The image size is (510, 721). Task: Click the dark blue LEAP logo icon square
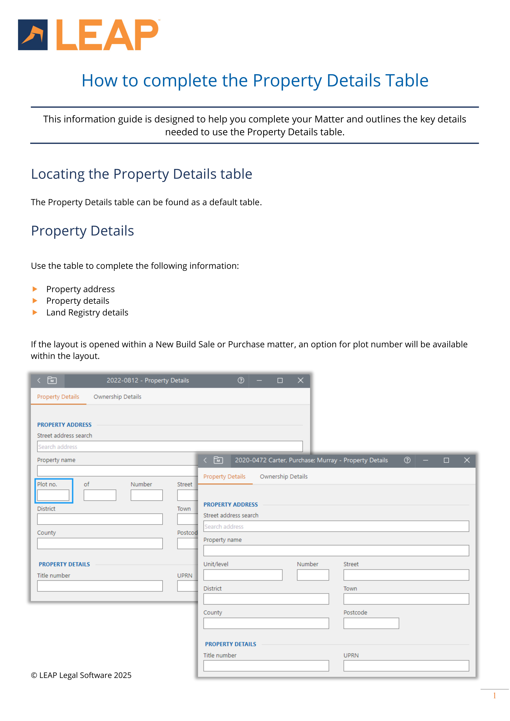[33, 35]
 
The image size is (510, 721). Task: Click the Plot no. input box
[53, 495]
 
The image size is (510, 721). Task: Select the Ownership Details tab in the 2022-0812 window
[117, 397]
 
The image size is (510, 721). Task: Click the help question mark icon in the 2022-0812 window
[241, 380]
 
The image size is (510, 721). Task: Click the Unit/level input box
[243, 575]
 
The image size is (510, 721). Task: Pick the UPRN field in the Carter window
[406, 666]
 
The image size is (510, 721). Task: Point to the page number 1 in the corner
[494, 696]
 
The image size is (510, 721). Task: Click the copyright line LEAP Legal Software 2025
[81, 675]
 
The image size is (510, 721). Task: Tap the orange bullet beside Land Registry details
[35, 312]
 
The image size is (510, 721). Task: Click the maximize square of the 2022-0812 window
[280, 380]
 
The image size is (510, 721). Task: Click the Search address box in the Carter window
[336, 526]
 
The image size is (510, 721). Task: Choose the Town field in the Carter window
[406, 599]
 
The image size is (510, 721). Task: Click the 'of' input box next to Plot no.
[100, 495]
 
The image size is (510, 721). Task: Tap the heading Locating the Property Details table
[141, 174]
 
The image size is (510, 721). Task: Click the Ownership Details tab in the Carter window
[283, 476]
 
